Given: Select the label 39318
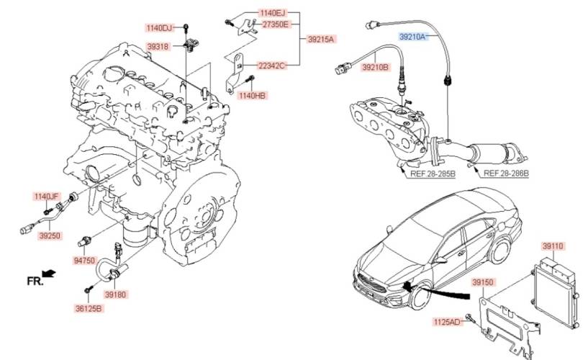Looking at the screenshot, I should tap(158, 46).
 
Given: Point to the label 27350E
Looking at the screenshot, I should tap(274, 24).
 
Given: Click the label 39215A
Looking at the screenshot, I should tap(321, 39).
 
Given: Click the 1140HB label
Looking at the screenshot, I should tap(252, 95).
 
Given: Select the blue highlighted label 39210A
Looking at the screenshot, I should tap(414, 35).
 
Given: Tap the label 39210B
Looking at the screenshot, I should tap(375, 67).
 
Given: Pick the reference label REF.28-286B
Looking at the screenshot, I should tap(505, 174).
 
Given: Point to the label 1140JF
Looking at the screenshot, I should tap(46, 195).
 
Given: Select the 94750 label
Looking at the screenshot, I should tap(84, 261).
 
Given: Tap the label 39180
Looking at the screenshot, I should tap(114, 294).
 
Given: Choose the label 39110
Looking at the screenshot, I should tap(552, 246).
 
